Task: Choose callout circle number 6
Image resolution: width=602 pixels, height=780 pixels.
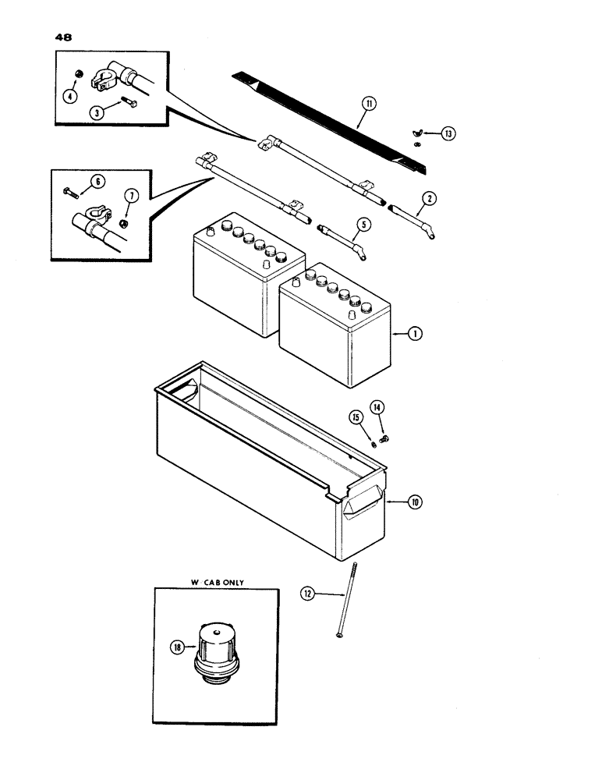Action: [97, 182]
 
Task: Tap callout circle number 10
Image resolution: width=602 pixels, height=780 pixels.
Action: [414, 503]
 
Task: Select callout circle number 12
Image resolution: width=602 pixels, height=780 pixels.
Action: [309, 594]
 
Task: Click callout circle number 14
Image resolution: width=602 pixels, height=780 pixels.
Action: [377, 407]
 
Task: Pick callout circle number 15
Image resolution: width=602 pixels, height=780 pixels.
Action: [356, 418]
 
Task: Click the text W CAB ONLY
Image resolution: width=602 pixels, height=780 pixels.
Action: [215, 578]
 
